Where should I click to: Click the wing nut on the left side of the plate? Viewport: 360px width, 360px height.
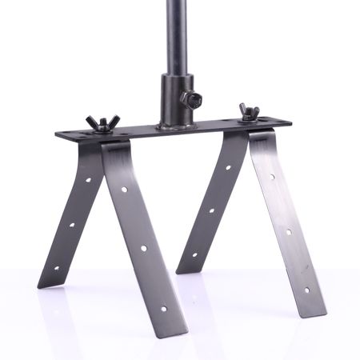pos(103,122)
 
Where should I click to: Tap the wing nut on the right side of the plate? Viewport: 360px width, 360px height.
pos(250,111)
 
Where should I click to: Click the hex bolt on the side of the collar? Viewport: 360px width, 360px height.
pos(191,99)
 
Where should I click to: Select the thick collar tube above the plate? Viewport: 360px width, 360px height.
pos(175,99)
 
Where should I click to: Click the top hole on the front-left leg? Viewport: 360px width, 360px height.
pos(124,190)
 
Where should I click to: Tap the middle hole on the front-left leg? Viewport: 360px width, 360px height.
pos(144,249)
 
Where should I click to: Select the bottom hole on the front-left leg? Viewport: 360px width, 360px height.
pos(163,307)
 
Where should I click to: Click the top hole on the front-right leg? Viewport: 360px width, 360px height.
pos(272,176)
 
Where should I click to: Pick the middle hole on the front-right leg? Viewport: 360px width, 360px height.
pos(289,233)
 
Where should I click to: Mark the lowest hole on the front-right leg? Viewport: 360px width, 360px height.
pos(305,290)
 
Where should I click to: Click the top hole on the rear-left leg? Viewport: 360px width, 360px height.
pos(88,180)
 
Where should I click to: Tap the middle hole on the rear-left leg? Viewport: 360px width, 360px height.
pos(71,225)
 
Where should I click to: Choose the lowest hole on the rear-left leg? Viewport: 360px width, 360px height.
pos(55,268)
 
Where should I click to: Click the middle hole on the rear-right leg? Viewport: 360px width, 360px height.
pos(211,211)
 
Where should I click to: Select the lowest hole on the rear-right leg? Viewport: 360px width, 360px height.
pos(194,255)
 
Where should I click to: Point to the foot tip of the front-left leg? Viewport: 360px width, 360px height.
pos(173,329)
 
